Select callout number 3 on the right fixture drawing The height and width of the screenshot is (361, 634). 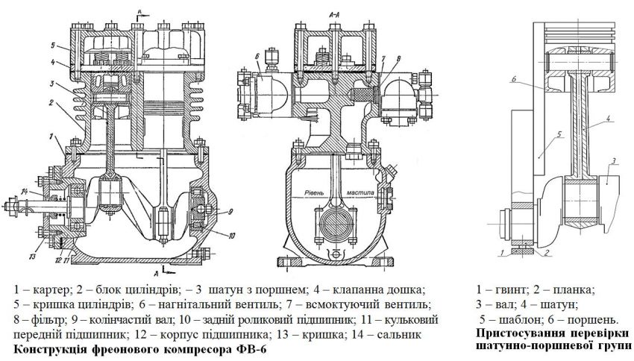[x=612, y=160]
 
